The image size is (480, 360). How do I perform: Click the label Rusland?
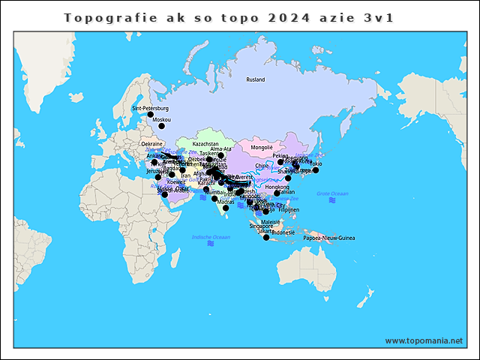pyautogui.click(x=256, y=79)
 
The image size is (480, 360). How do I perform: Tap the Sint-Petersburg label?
pyautogui.click(x=151, y=109)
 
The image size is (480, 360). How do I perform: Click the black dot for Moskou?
pyautogui.click(x=161, y=126)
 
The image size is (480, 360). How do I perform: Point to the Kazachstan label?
pyautogui.click(x=205, y=143)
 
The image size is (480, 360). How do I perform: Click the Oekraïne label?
pyautogui.click(x=152, y=143)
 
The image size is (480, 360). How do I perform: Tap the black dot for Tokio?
pyautogui.click(x=316, y=170)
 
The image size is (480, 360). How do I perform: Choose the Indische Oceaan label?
pyautogui.click(x=211, y=237)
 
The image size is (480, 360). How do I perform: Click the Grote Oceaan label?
pyautogui.click(x=332, y=193)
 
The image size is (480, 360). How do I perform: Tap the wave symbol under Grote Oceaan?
pyautogui.click(x=332, y=200)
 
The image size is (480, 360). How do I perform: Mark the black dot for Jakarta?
pyautogui.click(x=266, y=238)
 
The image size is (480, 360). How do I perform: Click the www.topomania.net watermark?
pyautogui.click(x=424, y=340)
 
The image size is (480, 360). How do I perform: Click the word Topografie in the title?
pyautogui.click(x=100, y=17)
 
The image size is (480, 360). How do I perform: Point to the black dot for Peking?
pyautogui.click(x=280, y=162)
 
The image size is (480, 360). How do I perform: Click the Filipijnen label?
pyautogui.click(x=289, y=210)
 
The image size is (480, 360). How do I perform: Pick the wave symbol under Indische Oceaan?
pyautogui.click(x=211, y=244)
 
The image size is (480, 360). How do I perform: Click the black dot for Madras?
pyautogui.click(x=226, y=208)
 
